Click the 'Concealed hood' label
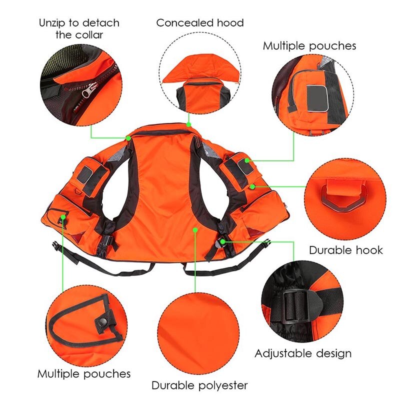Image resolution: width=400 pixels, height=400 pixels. (x=200, y=23)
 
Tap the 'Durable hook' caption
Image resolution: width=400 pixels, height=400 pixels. (x=346, y=249)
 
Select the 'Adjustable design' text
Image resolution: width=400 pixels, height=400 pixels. (x=303, y=353)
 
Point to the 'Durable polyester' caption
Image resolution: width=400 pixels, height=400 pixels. (x=199, y=385)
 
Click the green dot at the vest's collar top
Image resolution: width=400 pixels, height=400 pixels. (x=189, y=123)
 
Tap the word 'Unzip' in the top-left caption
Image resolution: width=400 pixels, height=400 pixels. (x=51, y=22)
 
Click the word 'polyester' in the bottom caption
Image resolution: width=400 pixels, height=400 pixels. (x=223, y=385)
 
